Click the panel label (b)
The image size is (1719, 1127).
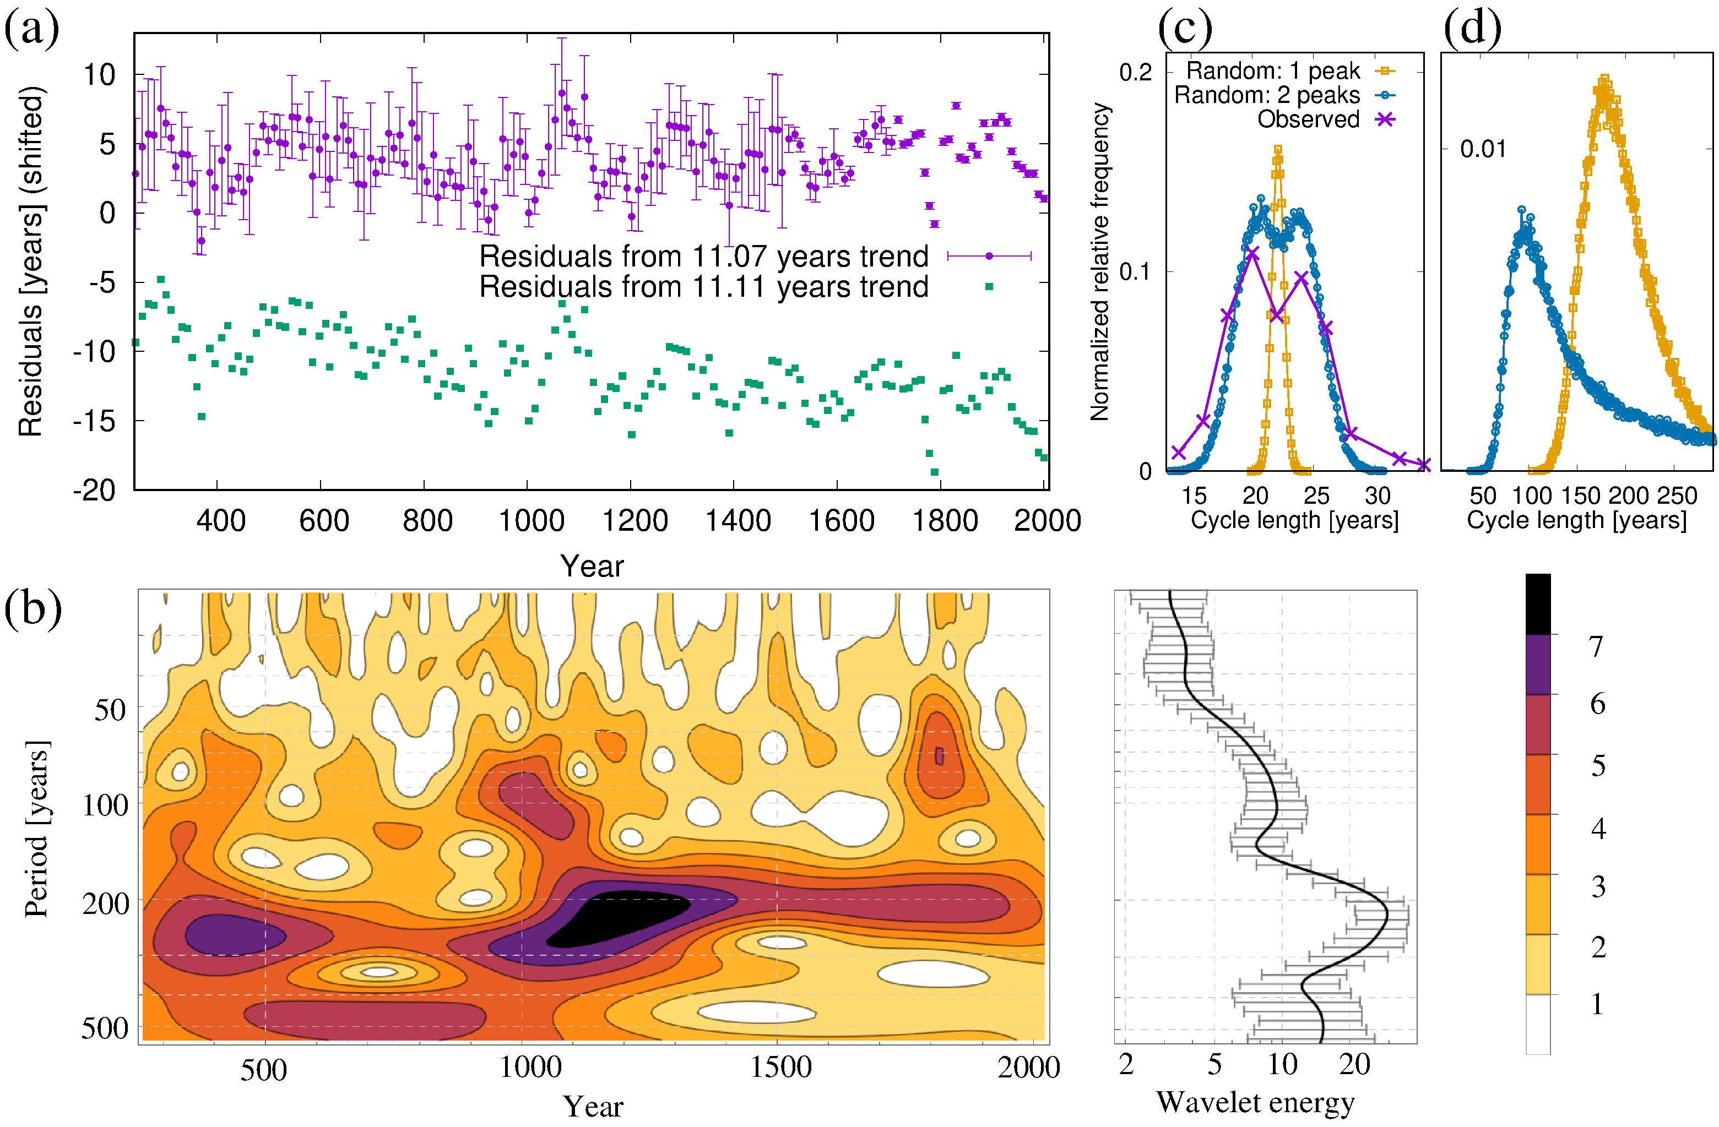point(32,608)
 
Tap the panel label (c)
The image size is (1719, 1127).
point(1185,29)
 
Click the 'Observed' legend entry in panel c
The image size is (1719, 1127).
point(1308,119)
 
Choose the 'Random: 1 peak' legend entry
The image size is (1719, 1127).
point(1273,71)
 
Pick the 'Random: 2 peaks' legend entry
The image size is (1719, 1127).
point(1267,95)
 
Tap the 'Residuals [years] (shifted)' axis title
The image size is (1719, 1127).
point(31,262)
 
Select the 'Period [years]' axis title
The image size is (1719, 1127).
point(36,829)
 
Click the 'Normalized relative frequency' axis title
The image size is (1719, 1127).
point(1099,262)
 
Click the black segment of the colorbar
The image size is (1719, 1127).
point(1538,603)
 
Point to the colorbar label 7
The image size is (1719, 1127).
point(1596,647)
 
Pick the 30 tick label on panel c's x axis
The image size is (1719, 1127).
point(1378,496)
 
